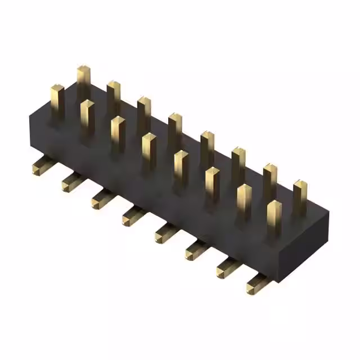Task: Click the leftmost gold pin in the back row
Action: point(84,82)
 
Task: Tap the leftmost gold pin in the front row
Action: point(57,100)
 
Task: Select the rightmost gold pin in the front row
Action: point(274,216)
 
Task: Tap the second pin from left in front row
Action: point(87,115)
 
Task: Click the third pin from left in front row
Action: point(118,132)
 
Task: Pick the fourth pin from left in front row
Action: point(148,148)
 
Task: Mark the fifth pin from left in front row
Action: point(181,165)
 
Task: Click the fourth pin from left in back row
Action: point(174,127)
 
